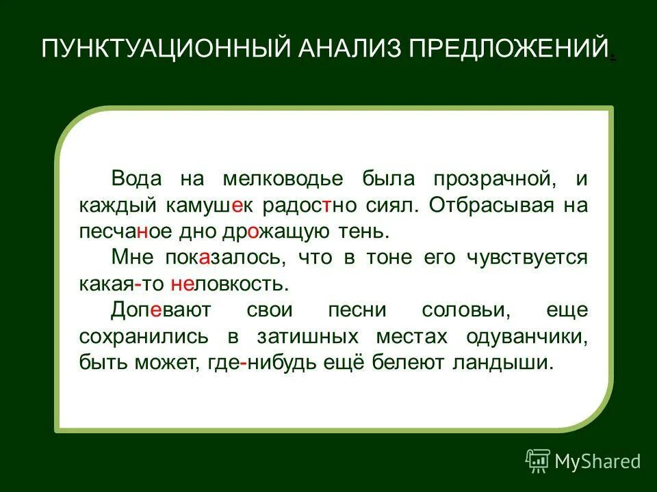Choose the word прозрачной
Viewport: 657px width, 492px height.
[x=493, y=179]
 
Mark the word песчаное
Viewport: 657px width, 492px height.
[x=123, y=231]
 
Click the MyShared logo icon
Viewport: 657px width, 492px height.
[x=537, y=461]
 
